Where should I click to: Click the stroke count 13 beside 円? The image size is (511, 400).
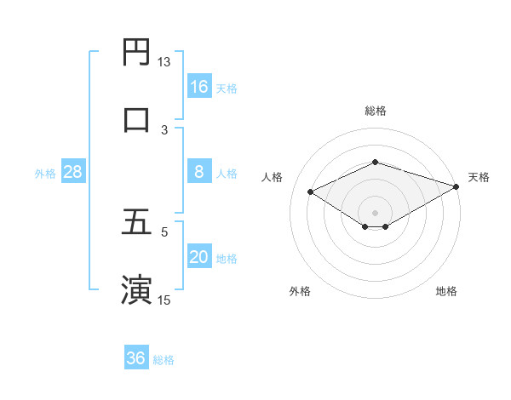pyautogui.click(x=164, y=62)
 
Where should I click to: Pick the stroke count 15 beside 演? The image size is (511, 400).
pyautogui.click(x=164, y=300)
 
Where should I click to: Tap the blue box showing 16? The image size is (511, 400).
pyautogui.click(x=199, y=87)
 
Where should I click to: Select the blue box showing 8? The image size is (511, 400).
pyautogui.click(x=199, y=172)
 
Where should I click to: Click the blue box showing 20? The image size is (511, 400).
pyautogui.click(x=199, y=257)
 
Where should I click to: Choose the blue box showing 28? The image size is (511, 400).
pyautogui.click(x=73, y=172)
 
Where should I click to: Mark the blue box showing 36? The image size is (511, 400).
pyautogui.click(x=136, y=358)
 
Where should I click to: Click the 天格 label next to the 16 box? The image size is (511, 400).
pyautogui.click(x=227, y=89)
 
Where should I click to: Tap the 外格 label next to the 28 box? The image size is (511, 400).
pyautogui.click(x=45, y=174)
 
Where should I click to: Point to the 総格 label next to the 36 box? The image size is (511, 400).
pyautogui.click(x=164, y=360)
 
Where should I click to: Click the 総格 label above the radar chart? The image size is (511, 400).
pyautogui.click(x=375, y=111)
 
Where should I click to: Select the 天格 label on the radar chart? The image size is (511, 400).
pyautogui.click(x=479, y=177)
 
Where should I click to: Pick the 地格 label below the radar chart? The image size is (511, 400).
pyautogui.click(x=446, y=292)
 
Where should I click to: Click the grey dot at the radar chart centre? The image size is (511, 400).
pyautogui.click(x=375, y=212)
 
